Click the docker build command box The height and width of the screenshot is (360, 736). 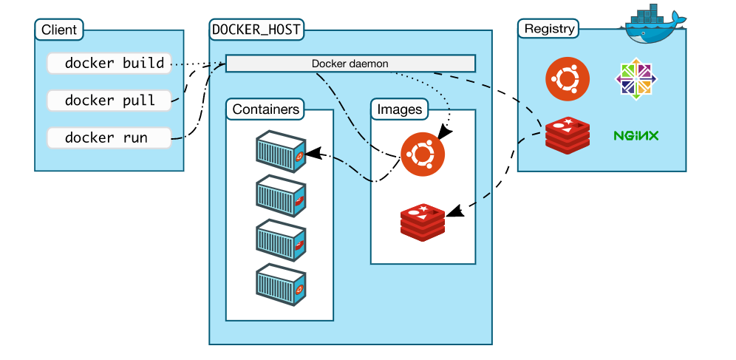click(109, 64)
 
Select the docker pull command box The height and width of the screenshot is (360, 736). click(109, 101)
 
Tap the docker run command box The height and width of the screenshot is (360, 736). click(109, 137)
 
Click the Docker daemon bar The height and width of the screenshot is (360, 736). click(350, 64)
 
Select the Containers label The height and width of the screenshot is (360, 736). click(266, 109)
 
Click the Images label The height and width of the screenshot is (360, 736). click(399, 109)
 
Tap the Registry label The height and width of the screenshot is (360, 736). click(548, 30)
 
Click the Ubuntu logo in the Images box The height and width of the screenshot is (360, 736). click(423, 154)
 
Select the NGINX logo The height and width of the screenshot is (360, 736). click(636, 136)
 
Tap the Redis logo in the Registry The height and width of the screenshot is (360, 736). click(567, 135)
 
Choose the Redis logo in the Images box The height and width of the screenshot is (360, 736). click(423, 221)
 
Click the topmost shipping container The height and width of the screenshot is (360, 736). click(281, 151)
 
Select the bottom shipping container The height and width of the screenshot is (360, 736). click(281, 285)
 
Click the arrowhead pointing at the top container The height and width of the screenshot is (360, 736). click(311, 154)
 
